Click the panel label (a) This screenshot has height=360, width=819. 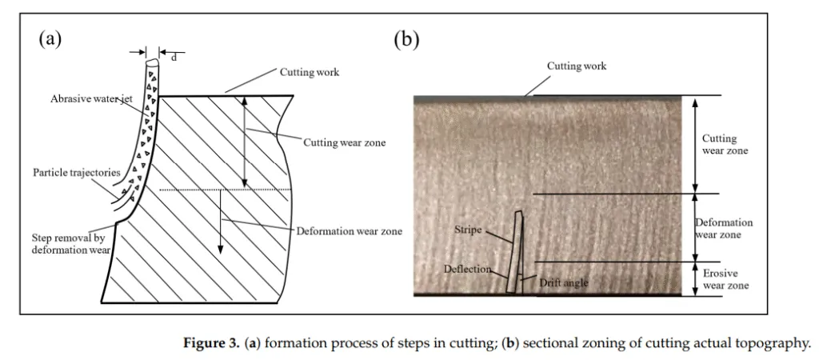tap(50, 40)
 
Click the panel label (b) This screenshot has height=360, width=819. tap(406, 40)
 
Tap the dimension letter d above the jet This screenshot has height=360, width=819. tap(174, 58)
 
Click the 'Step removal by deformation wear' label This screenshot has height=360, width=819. tap(71, 243)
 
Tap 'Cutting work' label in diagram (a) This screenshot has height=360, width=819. tap(310, 72)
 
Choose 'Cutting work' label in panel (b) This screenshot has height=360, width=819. tap(577, 66)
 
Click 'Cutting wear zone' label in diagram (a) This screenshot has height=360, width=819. tap(344, 142)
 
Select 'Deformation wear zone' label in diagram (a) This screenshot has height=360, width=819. tap(349, 231)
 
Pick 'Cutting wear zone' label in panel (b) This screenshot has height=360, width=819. tap(725, 145)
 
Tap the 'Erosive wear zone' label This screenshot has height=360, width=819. tap(725, 279)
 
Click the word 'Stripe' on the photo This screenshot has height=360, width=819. tap(467, 230)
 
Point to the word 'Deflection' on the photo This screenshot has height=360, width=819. tap(467, 269)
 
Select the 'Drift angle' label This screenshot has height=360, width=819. tap(564, 282)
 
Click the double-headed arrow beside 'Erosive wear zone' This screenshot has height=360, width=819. tap(695, 279)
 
